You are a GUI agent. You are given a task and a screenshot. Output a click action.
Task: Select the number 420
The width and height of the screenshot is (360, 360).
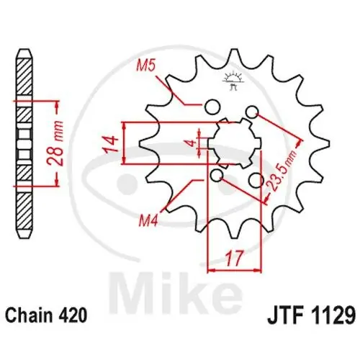tap(74, 315)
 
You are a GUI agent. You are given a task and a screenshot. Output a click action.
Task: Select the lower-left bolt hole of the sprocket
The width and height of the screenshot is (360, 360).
tap(216, 176)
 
